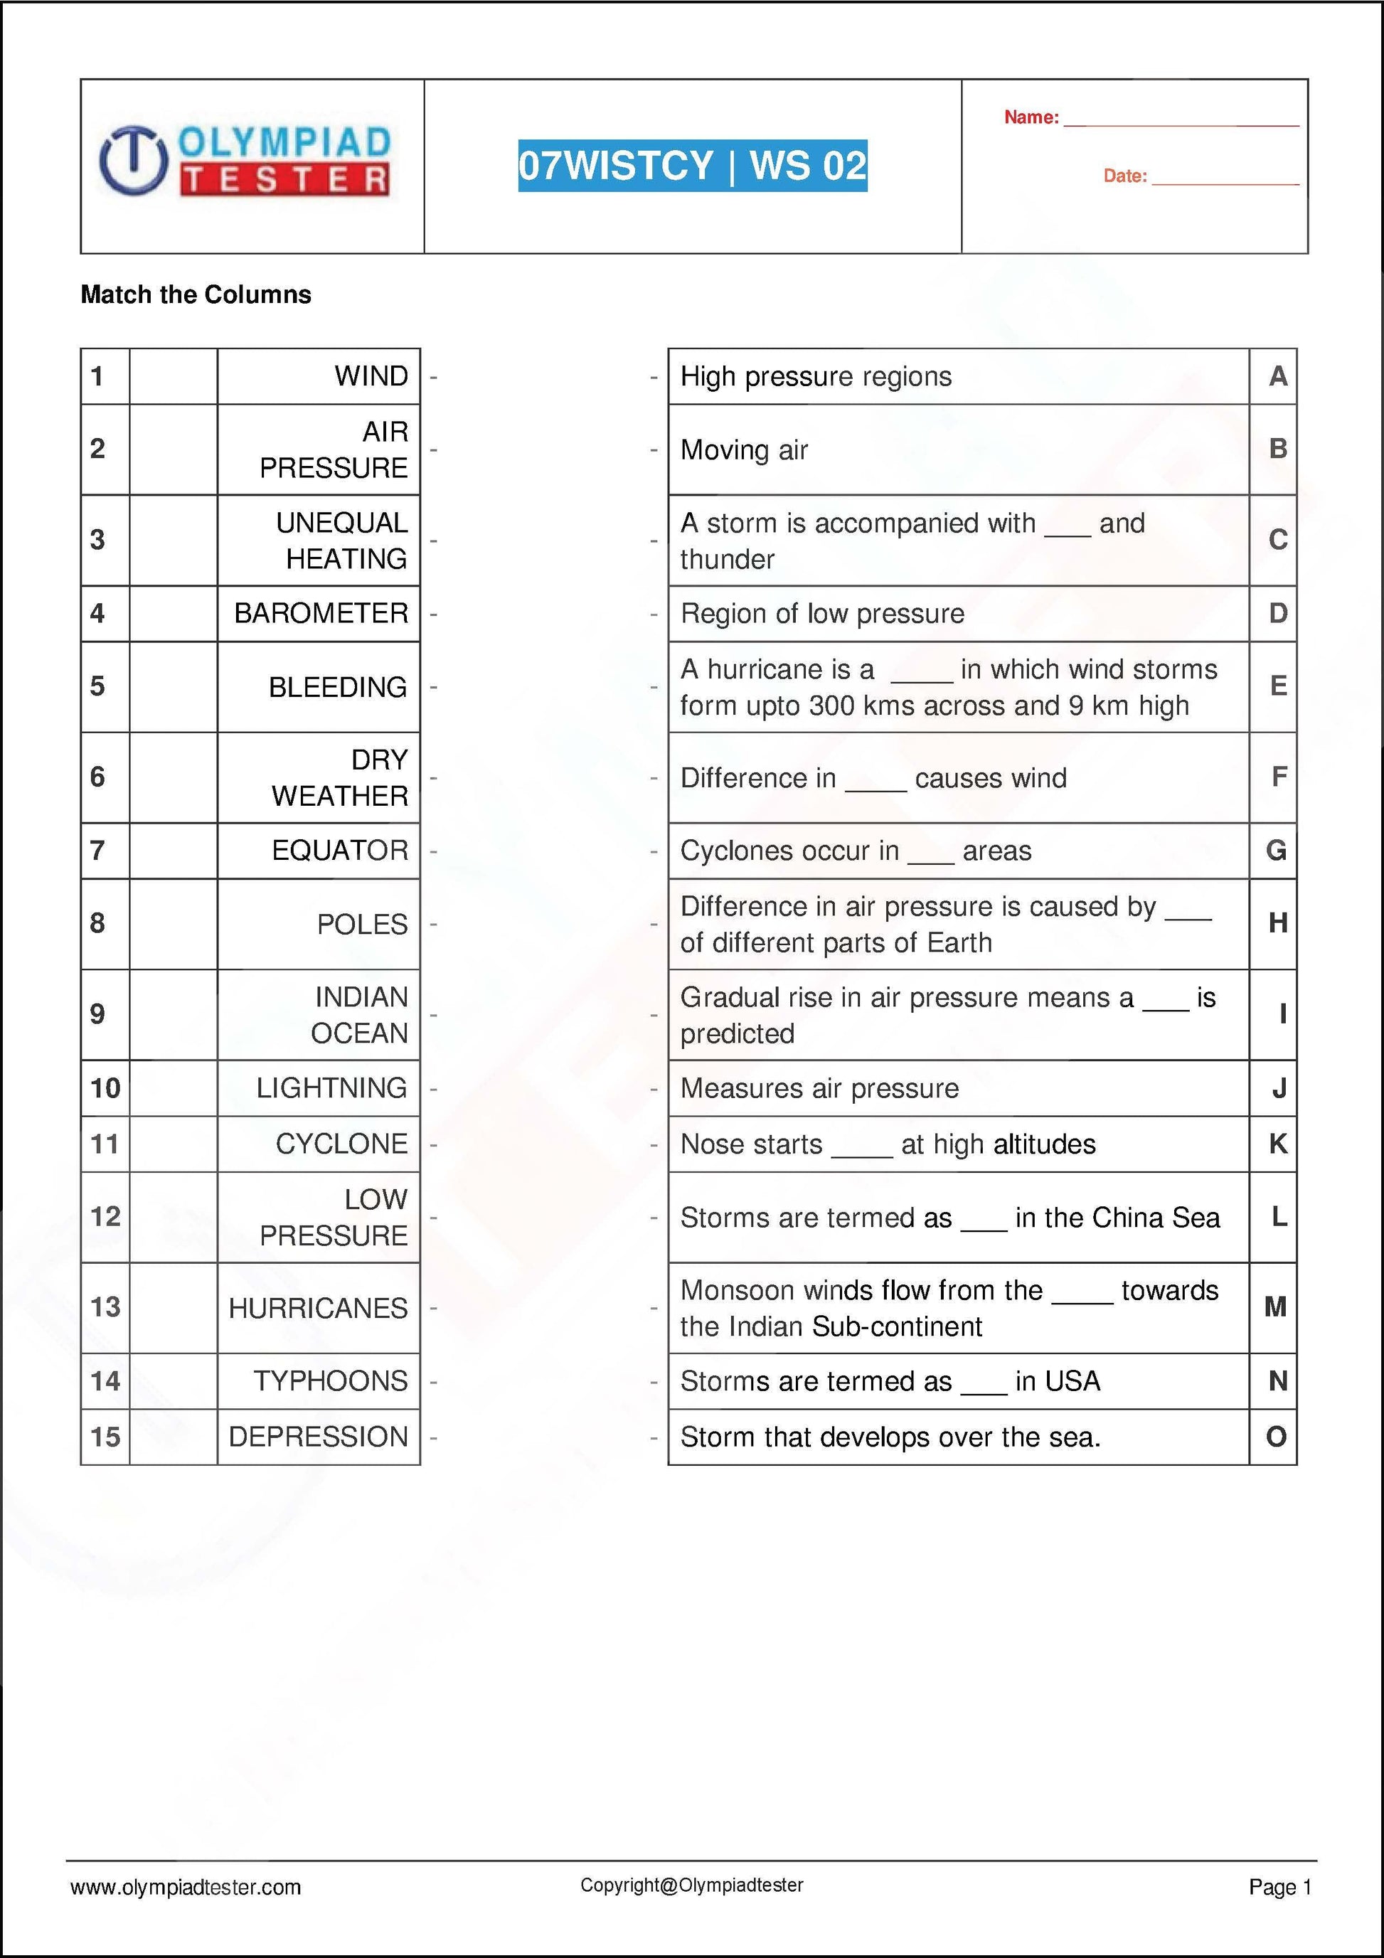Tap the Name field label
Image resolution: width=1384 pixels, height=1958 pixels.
(1031, 117)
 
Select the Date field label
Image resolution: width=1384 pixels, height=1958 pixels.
(1124, 176)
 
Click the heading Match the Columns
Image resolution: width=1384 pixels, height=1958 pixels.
(196, 295)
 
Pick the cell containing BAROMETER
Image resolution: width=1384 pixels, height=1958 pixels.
(321, 613)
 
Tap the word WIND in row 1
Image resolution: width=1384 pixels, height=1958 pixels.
(371, 376)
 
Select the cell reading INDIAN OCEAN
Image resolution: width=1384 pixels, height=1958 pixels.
(359, 1015)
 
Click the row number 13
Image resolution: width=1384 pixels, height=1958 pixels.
(105, 1307)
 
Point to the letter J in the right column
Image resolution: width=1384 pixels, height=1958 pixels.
(1278, 1088)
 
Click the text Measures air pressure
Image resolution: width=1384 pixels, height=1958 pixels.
(819, 1089)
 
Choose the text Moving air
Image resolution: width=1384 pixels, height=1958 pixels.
(744, 450)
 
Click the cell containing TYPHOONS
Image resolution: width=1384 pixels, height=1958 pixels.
(330, 1380)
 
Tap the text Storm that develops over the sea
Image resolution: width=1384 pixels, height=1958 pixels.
(890, 1437)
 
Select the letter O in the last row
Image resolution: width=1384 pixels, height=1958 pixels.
(1276, 1437)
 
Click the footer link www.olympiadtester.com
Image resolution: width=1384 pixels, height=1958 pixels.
(185, 1911)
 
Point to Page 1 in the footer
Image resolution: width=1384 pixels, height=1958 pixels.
(1279, 1911)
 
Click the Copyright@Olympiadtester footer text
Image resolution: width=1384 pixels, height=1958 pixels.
(691, 1908)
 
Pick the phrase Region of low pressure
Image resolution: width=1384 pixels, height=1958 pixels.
(821, 614)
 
